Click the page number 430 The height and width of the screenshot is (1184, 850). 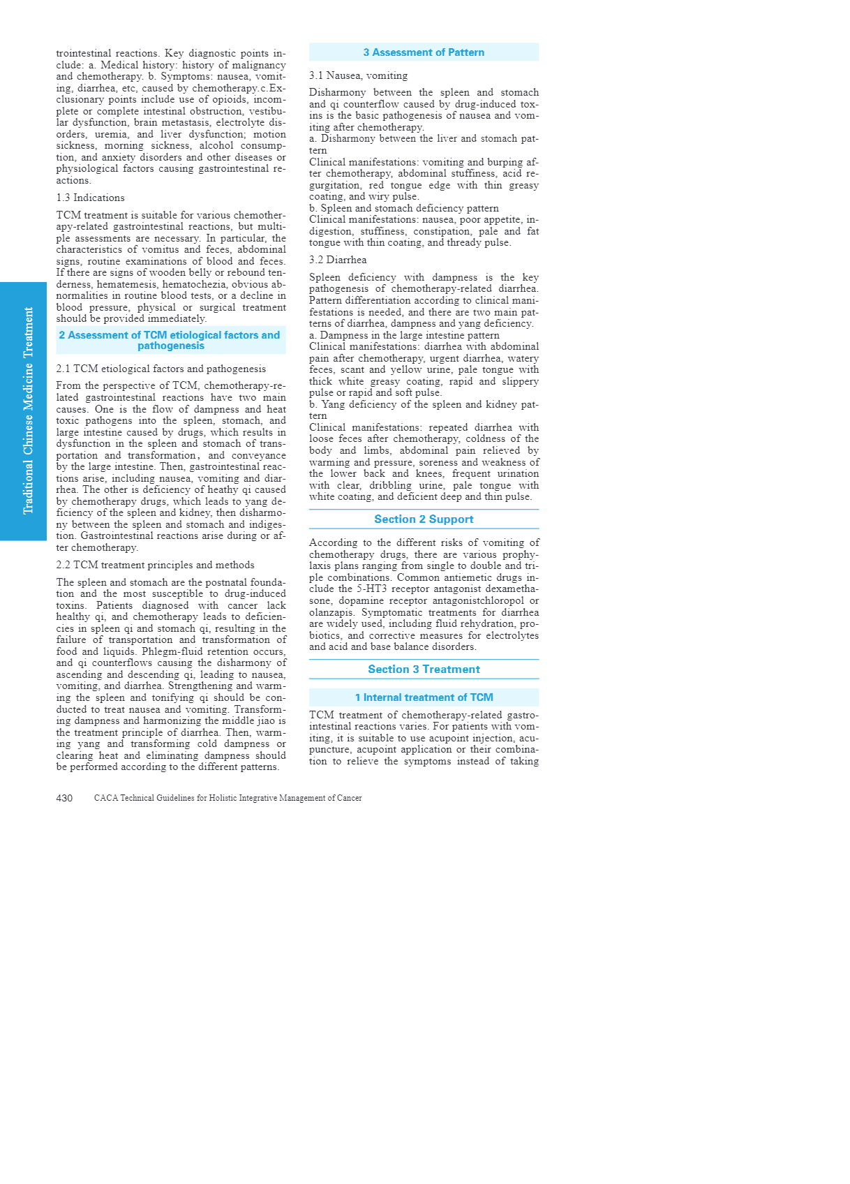(64, 798)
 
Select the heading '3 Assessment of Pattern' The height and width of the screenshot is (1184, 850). (424, 52)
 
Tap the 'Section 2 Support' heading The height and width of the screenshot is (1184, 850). (424, 519)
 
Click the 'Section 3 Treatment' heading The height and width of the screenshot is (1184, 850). (424, 669)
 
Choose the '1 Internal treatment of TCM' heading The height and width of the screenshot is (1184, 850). (424, 697)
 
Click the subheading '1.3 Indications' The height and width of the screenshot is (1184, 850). (91, 198)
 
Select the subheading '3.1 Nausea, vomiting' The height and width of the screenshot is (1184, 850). (359, 75)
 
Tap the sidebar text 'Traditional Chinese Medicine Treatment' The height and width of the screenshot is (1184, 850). (29, 410)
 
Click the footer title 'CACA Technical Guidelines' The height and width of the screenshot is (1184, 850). (228, 798)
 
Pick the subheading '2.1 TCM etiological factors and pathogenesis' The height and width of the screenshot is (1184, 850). (161, 369)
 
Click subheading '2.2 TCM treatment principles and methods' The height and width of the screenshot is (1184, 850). (156, 565)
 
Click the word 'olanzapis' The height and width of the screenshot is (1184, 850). (332, 612)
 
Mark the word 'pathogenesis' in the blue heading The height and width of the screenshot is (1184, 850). (171, 346)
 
